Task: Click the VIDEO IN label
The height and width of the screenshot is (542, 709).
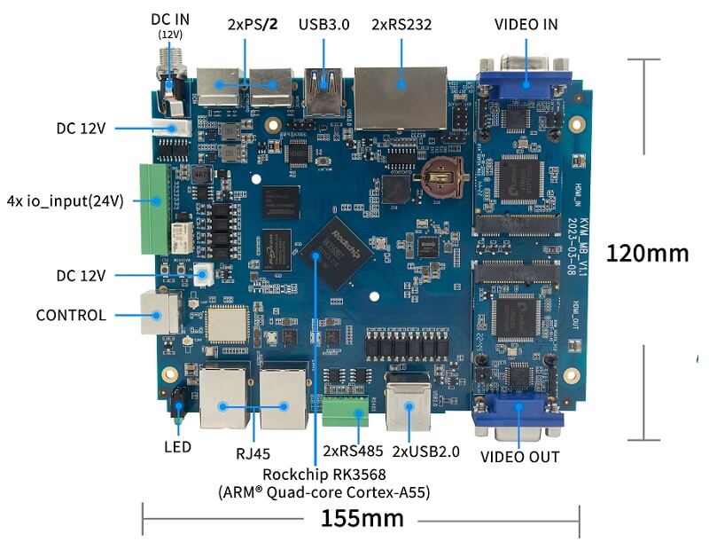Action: click(526, 24)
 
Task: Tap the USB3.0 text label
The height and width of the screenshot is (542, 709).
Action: click(324, 24)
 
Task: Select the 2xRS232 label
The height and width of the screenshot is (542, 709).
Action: click(402, 24)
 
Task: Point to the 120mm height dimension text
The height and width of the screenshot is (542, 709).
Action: click(647, 253)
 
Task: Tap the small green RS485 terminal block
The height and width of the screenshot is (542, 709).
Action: click(347, 411)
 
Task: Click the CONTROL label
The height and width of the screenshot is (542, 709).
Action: click(71, 315)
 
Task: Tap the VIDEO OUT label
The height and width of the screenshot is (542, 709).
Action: click(519, 457)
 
